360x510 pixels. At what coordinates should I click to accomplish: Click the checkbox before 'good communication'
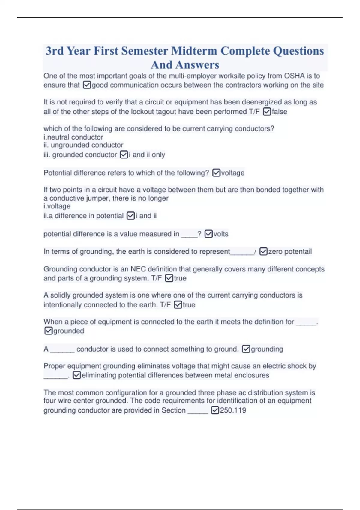[87, 85]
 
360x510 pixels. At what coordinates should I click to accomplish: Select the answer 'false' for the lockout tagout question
[280, 112]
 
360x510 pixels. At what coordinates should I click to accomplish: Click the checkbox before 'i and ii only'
[124, 154]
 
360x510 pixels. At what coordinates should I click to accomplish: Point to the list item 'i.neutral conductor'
[73, 137]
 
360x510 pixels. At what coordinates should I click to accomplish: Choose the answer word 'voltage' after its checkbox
[233, 173]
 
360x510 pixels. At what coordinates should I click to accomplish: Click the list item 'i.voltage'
[57, 206]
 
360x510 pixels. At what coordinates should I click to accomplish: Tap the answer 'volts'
[221, 234]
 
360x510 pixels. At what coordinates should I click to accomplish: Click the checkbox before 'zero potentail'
[263, 251]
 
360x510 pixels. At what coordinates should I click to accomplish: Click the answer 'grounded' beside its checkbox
[69, 331]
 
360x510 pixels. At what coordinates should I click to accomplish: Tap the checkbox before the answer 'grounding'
[246, 349]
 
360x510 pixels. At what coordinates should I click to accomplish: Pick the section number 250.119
[233, 410]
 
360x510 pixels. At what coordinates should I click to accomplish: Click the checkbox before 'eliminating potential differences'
[77, 375]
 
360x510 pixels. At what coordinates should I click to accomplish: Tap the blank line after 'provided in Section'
[198, 411]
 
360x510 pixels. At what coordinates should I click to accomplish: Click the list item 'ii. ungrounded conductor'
[83, 145]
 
